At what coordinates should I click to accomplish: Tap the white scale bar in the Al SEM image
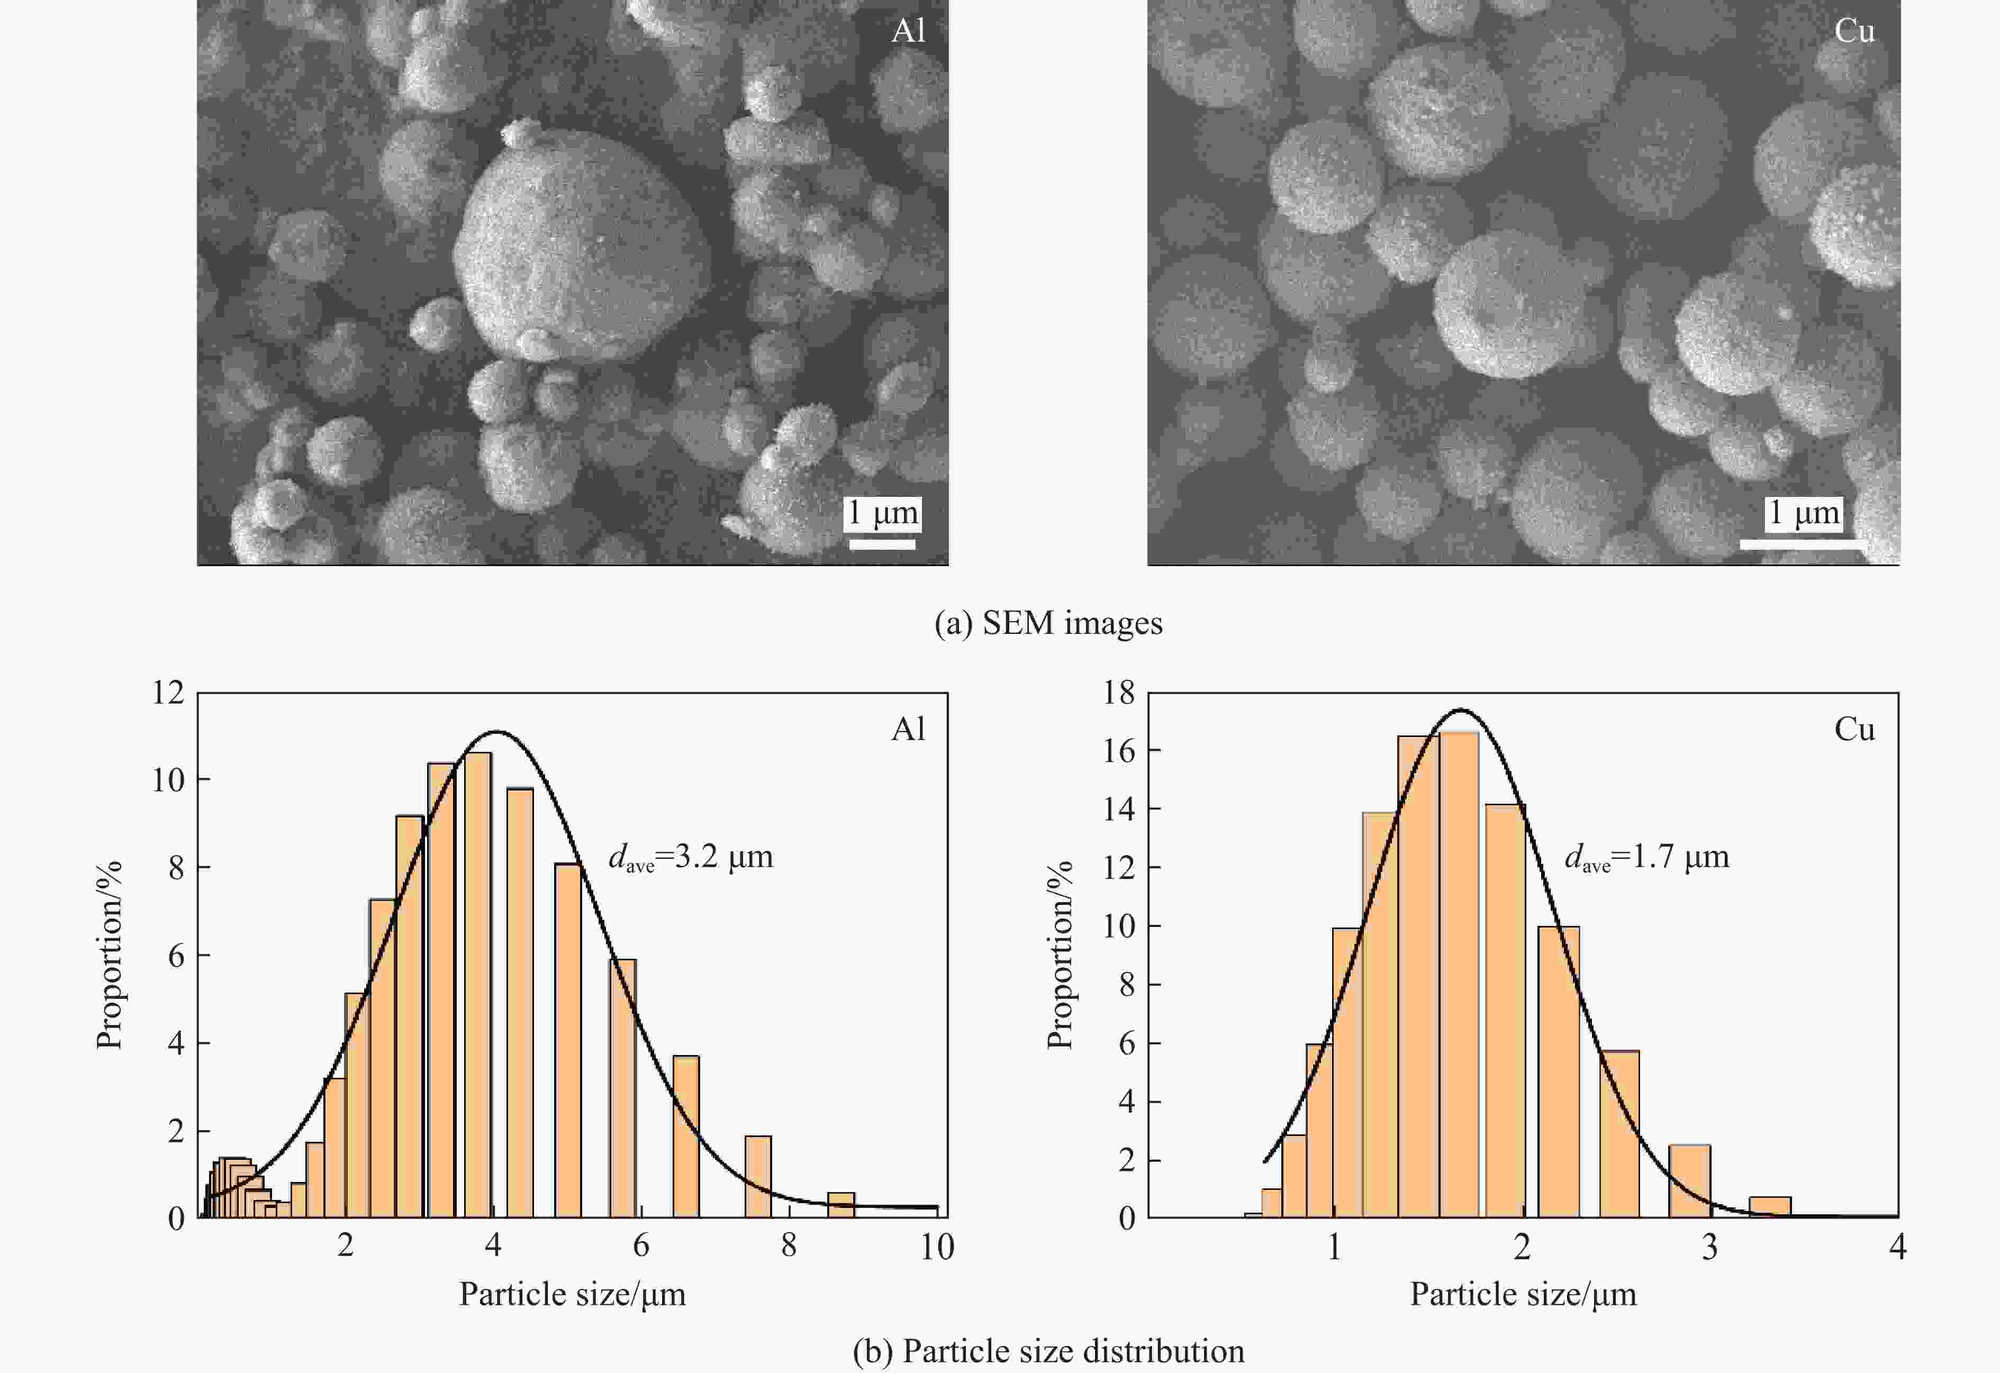882,544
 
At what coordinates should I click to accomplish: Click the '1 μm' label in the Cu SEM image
1803,514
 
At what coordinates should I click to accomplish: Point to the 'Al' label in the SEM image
908,31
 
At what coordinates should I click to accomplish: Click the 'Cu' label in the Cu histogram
1854,730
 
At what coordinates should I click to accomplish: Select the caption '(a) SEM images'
1048,623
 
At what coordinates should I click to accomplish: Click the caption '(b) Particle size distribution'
1048,1351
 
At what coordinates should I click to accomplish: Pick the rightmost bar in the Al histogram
841,1204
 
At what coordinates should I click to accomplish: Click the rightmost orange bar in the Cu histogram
1770,1207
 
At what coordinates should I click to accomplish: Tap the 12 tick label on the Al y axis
169,693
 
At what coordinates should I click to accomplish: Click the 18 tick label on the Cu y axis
1120,693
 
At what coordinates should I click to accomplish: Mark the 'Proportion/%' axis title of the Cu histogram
1060,955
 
